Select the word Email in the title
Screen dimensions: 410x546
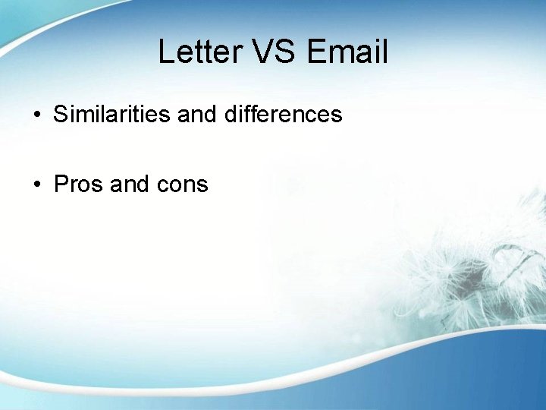tap(348, 52)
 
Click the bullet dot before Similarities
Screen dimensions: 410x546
tap(36, 115)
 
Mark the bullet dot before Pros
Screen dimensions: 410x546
tap(36, 184)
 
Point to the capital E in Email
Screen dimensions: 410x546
tap(317, 52)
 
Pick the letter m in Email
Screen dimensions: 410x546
tap(342, 53)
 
